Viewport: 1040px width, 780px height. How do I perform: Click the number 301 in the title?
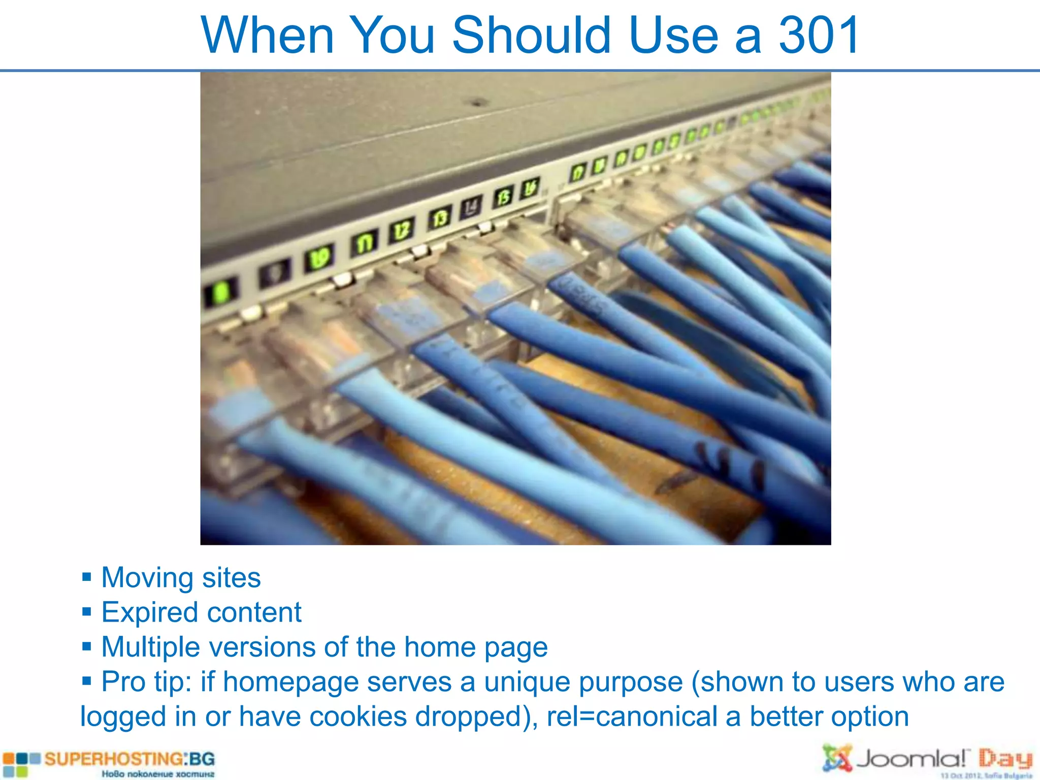click(819, 36)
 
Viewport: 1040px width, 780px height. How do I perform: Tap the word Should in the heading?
click(531, 36)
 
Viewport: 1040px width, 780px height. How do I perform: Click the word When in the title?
click(267, 36)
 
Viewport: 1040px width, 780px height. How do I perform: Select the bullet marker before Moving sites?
click(87, 577)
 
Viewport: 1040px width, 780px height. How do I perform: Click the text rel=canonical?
click(631, 717)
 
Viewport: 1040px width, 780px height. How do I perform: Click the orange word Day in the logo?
click(1005, 759)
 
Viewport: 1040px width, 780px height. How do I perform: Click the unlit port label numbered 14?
click(471, 207)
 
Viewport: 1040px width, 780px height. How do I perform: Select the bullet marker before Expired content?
click(87, 612)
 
